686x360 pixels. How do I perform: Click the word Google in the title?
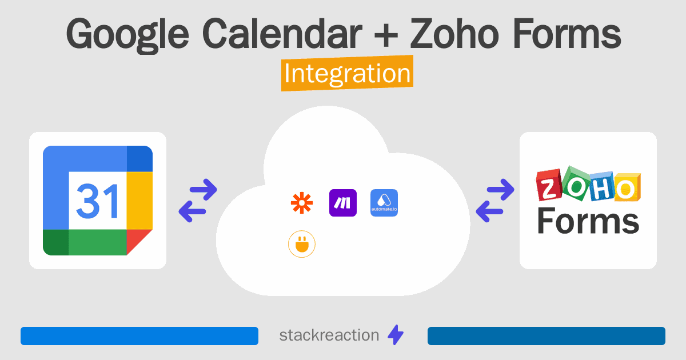pos(127,34)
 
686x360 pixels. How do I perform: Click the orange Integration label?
pos(348,73)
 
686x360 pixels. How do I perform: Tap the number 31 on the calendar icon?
pos(97,201)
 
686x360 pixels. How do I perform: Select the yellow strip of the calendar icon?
pos(139,201)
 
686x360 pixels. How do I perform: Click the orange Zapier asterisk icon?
pos(302,203)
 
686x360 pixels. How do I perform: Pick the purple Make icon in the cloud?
pos(342,203)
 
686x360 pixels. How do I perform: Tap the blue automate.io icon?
pos(384,203)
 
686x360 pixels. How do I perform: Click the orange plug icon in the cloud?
pos(302,244)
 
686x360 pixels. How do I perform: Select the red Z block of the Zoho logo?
pos(549,186)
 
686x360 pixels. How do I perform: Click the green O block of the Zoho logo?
pos(576,183)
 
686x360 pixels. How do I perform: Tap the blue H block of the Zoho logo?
pos(602,187)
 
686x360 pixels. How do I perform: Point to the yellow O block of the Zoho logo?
pos(627,187)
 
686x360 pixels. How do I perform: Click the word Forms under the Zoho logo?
pos(588,221)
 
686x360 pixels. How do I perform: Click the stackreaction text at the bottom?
pos(329,335)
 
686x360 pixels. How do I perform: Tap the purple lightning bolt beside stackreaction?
pos(396,335)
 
